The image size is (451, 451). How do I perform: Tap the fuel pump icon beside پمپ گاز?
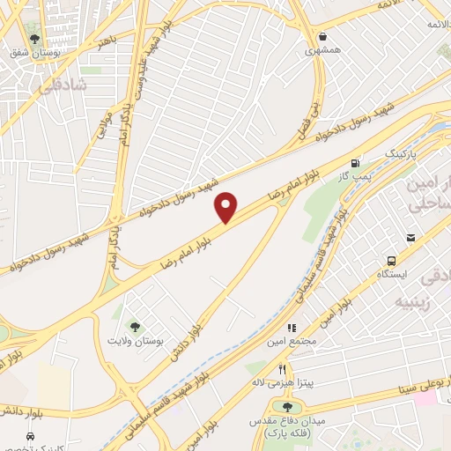[x=355, y=163]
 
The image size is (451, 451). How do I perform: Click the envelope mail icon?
[x=410, y=238]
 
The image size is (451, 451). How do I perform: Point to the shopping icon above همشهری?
[x=324, y=37]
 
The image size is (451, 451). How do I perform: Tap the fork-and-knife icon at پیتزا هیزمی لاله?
[x=282, y=370]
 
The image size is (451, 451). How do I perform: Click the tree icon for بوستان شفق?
[x=34, y=40]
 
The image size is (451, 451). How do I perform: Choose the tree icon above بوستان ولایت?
[x=135, y=327]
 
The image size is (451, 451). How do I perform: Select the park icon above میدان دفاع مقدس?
[x=287, y=406]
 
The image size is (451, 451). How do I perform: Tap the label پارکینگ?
[x=401, y=153]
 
